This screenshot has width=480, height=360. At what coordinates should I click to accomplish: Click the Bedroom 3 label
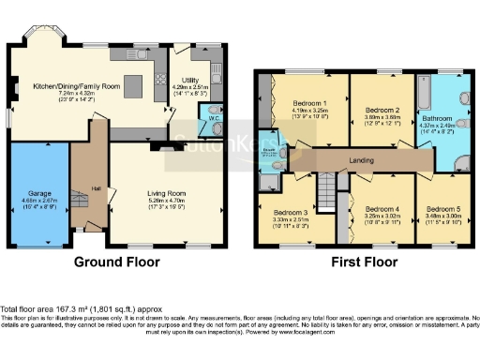click(x=292, y=213)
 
